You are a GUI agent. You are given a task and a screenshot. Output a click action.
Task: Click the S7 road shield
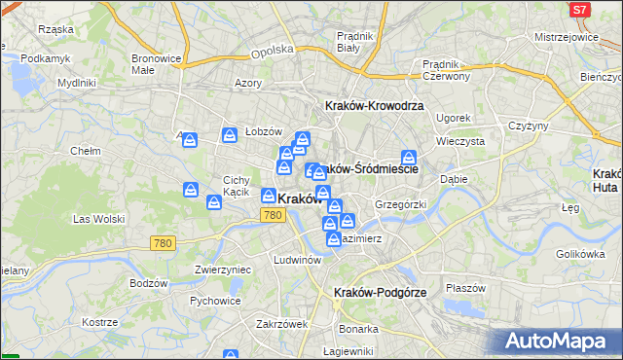tap(580, 9)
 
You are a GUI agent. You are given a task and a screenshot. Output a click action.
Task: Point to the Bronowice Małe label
tap(157, 64)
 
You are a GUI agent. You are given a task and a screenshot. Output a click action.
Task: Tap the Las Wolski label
tap(95, 220)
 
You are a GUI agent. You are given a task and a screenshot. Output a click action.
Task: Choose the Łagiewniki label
tap(348, 351)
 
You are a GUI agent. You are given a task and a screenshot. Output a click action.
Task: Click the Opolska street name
tap(272, 51)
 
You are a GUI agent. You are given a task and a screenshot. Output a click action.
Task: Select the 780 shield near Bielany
tap(163, 242)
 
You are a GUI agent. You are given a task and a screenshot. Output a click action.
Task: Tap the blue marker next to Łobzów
tap(231, 135)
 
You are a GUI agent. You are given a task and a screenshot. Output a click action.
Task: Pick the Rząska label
tap(55, 29)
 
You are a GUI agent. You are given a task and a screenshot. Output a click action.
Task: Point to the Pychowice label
tap(215, 301)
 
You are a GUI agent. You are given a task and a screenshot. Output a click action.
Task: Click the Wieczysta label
tap(460, 140)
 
